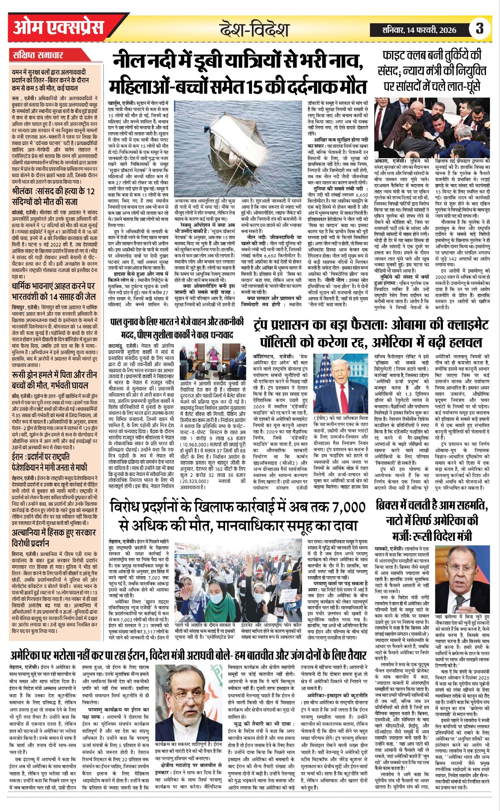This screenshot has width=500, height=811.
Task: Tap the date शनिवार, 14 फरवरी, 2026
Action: pos(419,30)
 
